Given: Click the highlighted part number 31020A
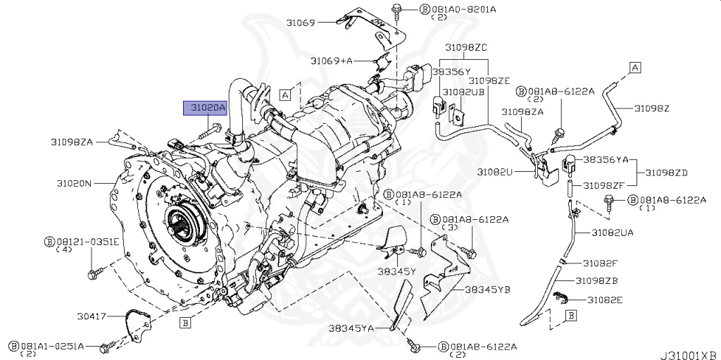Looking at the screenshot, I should [x=205, y=108].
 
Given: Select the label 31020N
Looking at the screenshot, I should [x=74, y=183].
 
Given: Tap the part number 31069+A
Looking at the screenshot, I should [x=332, y=61].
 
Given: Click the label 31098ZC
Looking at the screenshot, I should [x=465, y=47].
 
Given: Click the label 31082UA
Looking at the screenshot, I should [x=612, y=232].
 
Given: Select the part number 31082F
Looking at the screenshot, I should [x=600, y=263].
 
